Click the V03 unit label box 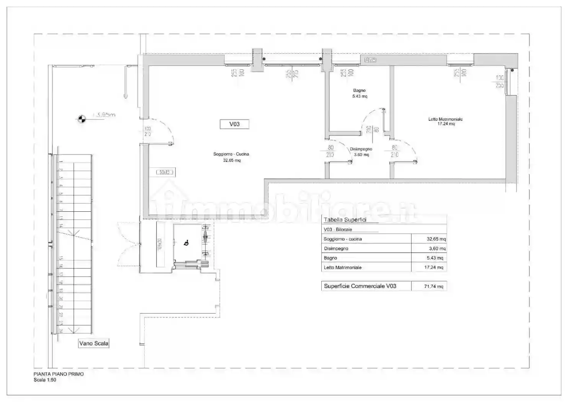(x=234, y=124)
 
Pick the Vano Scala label (x=94, y=343)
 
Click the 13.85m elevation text (x=104, y=114)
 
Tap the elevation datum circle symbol (x=81, y=119)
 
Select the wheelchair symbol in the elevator (x=187, y=242)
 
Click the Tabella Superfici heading (x=345, y=220)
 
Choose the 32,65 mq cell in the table (x=436, y=239)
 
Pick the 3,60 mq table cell (x=437, y=248)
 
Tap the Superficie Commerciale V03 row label (x=360, y=286)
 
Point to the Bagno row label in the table (x=330, y=258)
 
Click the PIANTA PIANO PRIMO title (x=59, y=374)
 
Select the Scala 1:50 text (x=45, y=380)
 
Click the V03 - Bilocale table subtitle (x=338, y=229)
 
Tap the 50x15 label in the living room (x=165, y=172)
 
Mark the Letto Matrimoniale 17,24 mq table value (x=433, y=267)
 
